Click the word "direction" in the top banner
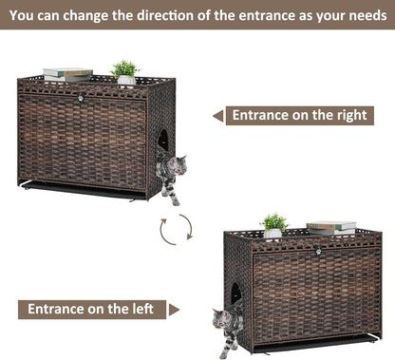coord(164,15)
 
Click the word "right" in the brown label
coord(352,116)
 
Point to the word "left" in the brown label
coord(142,309)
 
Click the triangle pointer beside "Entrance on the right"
coord(218,116)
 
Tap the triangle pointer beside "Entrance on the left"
coord(174,310)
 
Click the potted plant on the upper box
coord(125,73)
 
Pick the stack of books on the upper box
coord(67,75)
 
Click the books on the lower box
coord(331,228)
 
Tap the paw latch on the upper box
coord(80,98)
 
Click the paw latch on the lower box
coord(318,252)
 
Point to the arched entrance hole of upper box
coord(163,140)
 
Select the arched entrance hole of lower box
coord(235,293)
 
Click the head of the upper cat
coord(179,165)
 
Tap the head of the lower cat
coord(221,319)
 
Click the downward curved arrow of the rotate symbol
coord(187,226)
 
